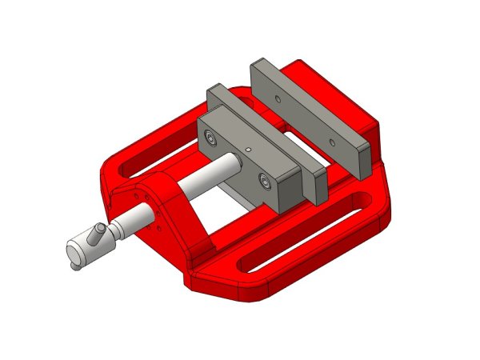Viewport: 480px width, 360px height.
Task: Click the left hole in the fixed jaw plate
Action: [x=277, y=99]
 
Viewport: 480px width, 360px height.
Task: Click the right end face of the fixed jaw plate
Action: [x=362, y=159]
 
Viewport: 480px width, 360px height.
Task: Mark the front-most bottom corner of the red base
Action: [x=192, y=285]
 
